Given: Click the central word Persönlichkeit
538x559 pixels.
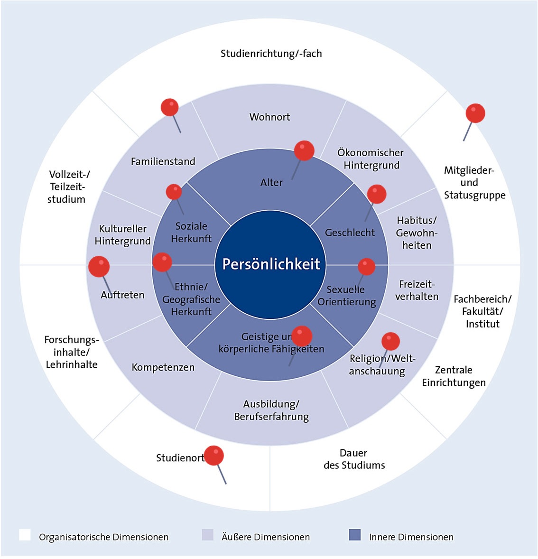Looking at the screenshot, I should [x=271, y=264].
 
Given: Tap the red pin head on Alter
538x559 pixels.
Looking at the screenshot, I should [x=304, y=150].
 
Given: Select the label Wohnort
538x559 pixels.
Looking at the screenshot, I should [x=269, y=117].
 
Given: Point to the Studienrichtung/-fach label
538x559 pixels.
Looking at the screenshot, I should [x=271, y=54].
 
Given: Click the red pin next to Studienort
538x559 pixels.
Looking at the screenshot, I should [x=214, y=456].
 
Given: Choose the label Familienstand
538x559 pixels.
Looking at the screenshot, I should [x=163, y=161].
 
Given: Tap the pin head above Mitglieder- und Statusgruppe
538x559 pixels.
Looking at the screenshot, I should [x=475, y=113].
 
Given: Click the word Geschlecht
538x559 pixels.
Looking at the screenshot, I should [x=350, y=233].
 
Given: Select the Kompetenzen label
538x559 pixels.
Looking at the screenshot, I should [x=163, y=367].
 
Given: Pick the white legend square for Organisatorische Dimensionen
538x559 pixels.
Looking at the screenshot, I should [x=25, y=535].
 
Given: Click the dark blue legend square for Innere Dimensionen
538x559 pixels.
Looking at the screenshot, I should [x=354, y=535].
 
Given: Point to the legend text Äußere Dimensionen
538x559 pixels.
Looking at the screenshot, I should [x=265, y=537].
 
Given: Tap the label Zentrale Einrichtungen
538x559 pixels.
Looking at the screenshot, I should [x=454, y=376].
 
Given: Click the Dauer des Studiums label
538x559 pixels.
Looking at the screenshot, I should [x=354, y=459].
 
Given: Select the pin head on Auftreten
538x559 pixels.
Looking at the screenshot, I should [x=99, y=266].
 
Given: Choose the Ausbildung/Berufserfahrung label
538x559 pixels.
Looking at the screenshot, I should [x=271, y=410].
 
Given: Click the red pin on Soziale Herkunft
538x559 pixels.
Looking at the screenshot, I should [x=174, y=192].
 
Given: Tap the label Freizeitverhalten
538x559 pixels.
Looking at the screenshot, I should [x=417, y=290].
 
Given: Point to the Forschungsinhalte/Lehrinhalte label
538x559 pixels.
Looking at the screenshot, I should [x=72, y=352].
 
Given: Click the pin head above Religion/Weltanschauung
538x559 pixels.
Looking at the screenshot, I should [x=390, y=341].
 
